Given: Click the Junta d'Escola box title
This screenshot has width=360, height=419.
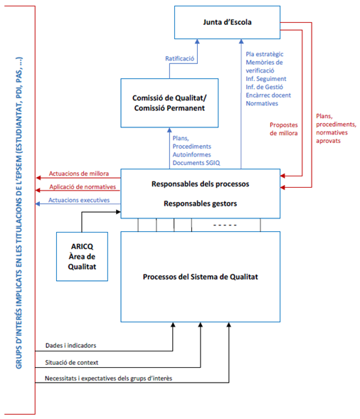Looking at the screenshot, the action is coord(227,22).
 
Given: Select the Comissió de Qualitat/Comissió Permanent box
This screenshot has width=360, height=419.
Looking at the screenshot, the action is coord(169,103).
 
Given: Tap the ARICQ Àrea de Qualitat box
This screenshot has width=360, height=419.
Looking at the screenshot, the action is coord(82,257).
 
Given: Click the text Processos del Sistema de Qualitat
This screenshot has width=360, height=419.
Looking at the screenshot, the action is coord(200,277).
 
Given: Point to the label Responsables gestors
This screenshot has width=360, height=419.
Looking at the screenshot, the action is coord(200,203).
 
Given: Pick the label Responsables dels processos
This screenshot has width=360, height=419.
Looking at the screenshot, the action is coord(200,184).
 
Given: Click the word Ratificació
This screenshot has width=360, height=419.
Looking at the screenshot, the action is coord(179,58).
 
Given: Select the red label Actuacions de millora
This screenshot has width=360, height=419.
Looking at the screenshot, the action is coord(79,174).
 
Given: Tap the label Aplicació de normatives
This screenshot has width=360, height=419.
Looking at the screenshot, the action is coord(83,187).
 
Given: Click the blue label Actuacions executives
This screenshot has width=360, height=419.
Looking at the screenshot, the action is coord(79,200).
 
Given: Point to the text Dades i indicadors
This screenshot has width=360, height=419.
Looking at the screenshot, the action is coord(70,346).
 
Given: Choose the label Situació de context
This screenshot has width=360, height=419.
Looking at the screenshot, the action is coord(72,363).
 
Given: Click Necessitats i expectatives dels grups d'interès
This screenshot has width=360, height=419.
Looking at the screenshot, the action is coord(109,378).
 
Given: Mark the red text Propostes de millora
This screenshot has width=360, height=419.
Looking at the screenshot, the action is coord(284,129).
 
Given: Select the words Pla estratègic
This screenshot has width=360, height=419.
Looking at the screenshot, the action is coord(265,54).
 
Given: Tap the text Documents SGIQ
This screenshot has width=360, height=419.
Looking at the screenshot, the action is coord(196,163).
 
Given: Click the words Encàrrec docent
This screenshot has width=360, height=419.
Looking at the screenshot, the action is coord(268,95).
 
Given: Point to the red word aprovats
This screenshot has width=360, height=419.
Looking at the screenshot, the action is coord(328,141).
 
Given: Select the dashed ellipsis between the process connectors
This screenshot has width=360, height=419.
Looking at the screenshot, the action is coord(225,225).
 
